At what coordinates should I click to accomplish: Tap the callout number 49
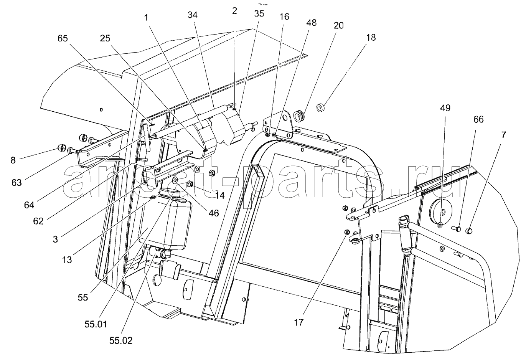tap(445, 108)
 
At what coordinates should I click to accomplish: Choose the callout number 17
tap(298, 322)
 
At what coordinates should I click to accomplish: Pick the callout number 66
tap(478, 120)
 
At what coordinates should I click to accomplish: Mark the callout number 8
tap(13, 160)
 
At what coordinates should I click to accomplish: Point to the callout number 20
tap(339, 26)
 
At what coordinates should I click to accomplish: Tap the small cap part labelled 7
tap(469, 231)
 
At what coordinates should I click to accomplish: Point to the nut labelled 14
tap(190, 185)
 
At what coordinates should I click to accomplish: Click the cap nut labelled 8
tap(61, 148)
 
